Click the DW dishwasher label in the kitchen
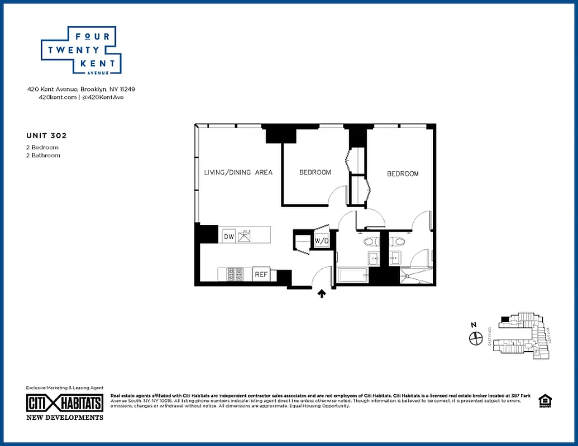tap(228, 236)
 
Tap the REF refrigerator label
tap(261, 274)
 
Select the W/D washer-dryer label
tap(321, 241)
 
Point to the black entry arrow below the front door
tap(322, 293)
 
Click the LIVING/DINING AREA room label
tap(238, 173)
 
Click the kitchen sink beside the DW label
tap(245, 236)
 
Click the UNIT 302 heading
tap(42, 135)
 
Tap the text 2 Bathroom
tap(43, 156)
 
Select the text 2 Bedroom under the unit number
tap(42, 147)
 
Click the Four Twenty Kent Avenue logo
tap(81, 50)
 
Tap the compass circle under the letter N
tap(475, 338)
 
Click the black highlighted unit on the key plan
tap(505, 319)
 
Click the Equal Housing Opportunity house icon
tap(543, 401)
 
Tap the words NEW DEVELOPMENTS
tap(65, 417)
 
